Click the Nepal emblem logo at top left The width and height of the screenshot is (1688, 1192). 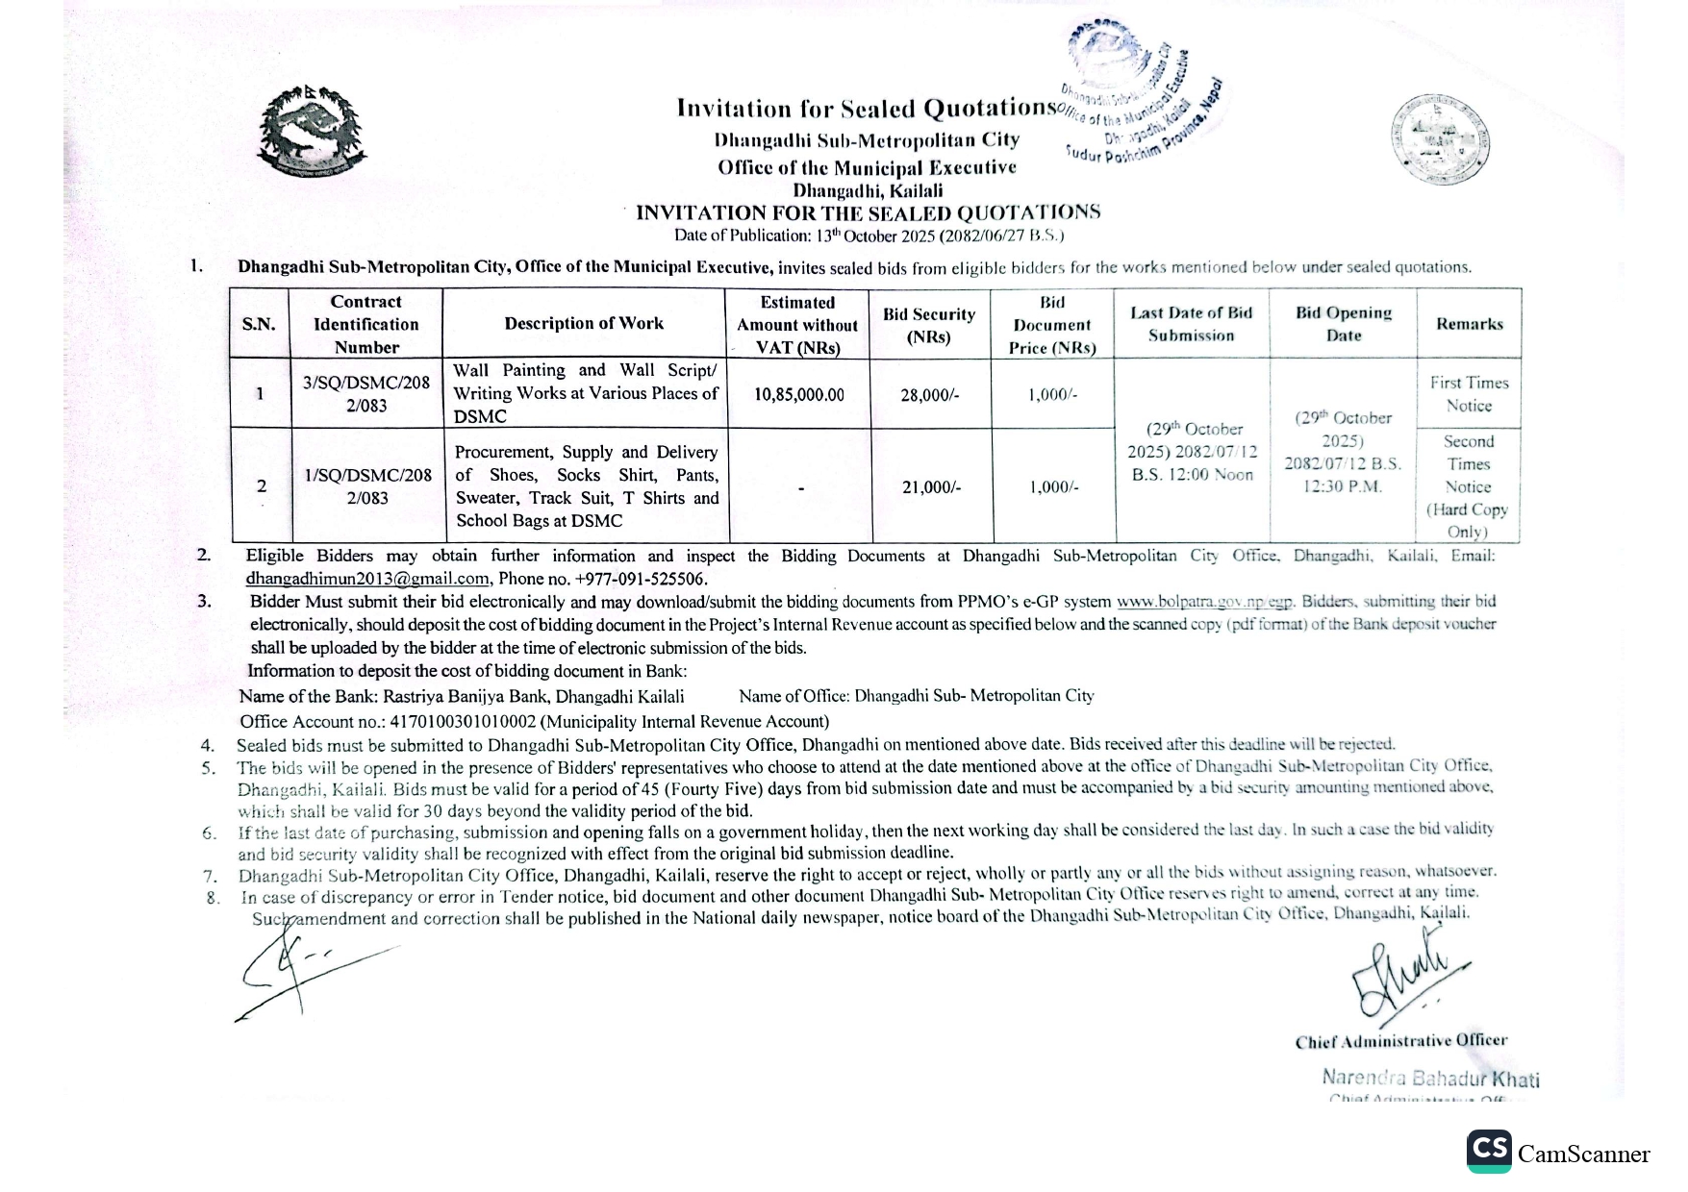point(312,131)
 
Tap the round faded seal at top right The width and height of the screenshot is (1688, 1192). point(1439,138)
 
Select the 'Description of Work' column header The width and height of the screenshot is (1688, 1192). point(584,324)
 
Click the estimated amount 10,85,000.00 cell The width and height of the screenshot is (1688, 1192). point(798,394)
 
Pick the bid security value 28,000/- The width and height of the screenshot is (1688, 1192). point(929,394)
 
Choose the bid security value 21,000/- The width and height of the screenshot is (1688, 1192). point(930,487)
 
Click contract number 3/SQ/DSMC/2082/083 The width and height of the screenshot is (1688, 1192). point(366,394)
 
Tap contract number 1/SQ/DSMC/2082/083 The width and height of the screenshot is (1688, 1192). point(367,486)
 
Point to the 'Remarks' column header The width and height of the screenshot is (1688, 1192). point(1469,324)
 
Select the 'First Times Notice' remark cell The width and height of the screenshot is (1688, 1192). point(1469,394)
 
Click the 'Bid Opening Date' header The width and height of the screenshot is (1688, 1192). point(1344,324)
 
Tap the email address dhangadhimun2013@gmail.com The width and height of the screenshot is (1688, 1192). point(367,579)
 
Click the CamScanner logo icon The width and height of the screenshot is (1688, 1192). point(1489,1151)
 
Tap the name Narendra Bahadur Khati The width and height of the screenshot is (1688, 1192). point(1429,1078)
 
